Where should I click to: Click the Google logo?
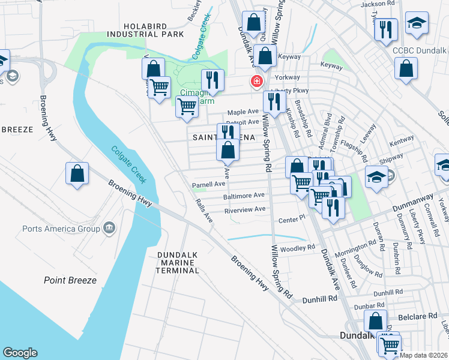click(x=20, y=353)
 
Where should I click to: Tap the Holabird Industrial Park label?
click(x=153, y=30)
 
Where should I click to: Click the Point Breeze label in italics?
click(x=66, y=280)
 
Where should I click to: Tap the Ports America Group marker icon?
click(x=109, y=227)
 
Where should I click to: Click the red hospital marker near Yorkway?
click(x=256, y=81)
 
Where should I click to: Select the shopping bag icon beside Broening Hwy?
click(x=77, y=174)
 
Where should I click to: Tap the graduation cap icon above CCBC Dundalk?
click(x=416, y=23)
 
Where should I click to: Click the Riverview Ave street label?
click(x=244, y=209)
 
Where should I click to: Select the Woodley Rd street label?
click(x=302, y=247)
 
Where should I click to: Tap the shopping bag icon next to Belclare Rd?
click(x=375, y=321)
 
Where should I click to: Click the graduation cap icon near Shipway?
click(x=376, y=177)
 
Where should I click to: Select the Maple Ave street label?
click(x=243, y=112)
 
